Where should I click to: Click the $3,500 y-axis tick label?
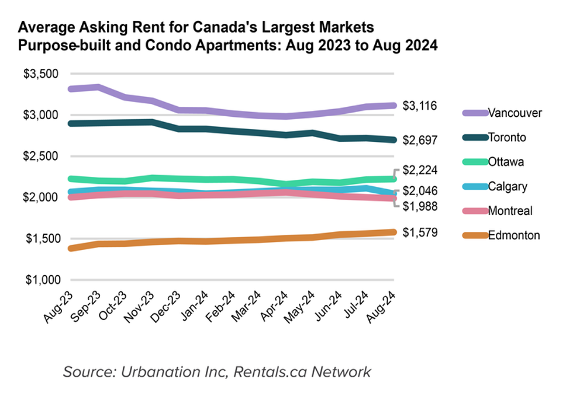(x=41, y=74)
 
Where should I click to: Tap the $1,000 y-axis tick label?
(x=41, y=280)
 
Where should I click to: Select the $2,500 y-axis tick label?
(x=41, y=156)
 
